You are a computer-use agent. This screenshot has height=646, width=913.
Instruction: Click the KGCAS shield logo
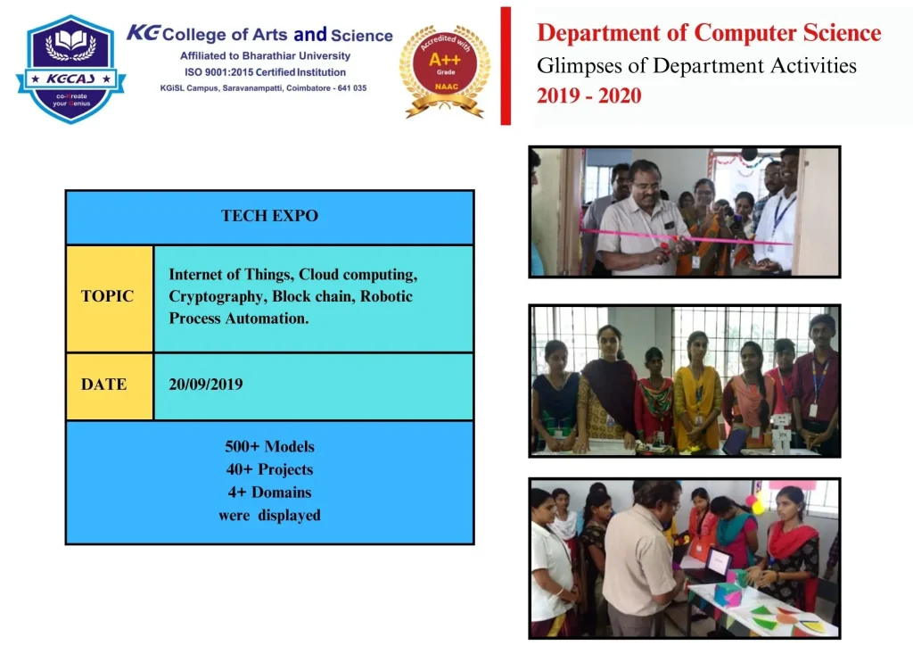(71, 69)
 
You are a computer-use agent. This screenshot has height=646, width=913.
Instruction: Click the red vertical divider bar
(506, 66)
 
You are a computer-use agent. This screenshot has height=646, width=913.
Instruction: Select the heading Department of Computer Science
(709, 33)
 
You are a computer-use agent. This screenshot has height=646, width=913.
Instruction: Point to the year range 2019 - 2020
(588, 95)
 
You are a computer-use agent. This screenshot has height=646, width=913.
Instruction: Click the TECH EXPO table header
(269, 216)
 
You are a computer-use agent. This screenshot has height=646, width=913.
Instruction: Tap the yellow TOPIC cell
(110, 298)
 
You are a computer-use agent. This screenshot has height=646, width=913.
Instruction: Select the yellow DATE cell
(110, 386)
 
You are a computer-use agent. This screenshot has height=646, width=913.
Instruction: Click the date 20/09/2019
(206, 385)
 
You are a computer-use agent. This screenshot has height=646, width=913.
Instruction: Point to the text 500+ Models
(269, 446)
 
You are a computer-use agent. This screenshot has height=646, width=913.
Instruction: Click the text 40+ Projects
(269, 469)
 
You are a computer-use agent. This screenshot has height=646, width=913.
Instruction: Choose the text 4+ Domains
(269, 493)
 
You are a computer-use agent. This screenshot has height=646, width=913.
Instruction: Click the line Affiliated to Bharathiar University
(265, 56)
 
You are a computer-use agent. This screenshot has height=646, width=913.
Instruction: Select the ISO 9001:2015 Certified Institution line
(265, 72)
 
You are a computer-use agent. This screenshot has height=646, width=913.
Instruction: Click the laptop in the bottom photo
(719, 564)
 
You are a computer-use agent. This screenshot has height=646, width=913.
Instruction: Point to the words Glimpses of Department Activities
(696, 66)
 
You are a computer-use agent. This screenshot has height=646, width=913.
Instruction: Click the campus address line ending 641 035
(263, 88)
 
